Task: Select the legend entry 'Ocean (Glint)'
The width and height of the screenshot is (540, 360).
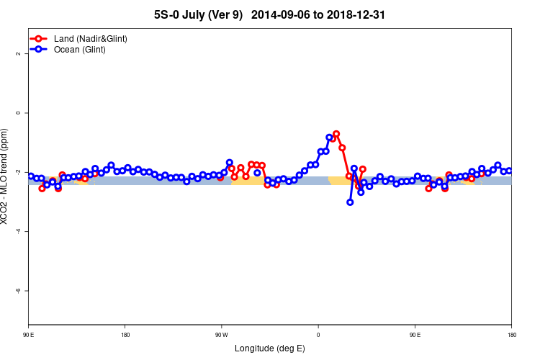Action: tap(80, 50)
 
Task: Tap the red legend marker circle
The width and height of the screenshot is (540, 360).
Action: tap(40, 38)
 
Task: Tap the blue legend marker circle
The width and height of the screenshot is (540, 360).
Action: tap(40, 50)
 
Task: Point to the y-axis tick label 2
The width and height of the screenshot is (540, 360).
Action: tap(19, 54)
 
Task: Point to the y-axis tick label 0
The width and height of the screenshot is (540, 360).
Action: tap(19, 113)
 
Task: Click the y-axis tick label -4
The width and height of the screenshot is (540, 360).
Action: tap(19, 231)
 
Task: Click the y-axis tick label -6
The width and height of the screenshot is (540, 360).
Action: tap(19, 290)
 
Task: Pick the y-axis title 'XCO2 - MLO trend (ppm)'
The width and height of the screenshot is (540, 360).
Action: tap(6, 176)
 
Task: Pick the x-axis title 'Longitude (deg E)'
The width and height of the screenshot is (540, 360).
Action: tap(270, 348)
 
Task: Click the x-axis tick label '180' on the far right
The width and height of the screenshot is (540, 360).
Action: tap(511, 335)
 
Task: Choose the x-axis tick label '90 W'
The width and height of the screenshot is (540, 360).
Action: tap(221, 335)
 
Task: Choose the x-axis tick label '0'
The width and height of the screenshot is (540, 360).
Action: tap(318, 335)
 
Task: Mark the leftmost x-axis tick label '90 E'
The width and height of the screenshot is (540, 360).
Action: tap(29, 335)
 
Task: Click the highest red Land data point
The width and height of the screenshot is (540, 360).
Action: tap(336, 134)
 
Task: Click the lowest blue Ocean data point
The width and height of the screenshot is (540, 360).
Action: tap(350, 202)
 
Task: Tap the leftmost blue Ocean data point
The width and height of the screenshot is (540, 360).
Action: tap(31, 176)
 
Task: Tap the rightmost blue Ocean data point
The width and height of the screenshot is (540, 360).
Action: tap(509, 171)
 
